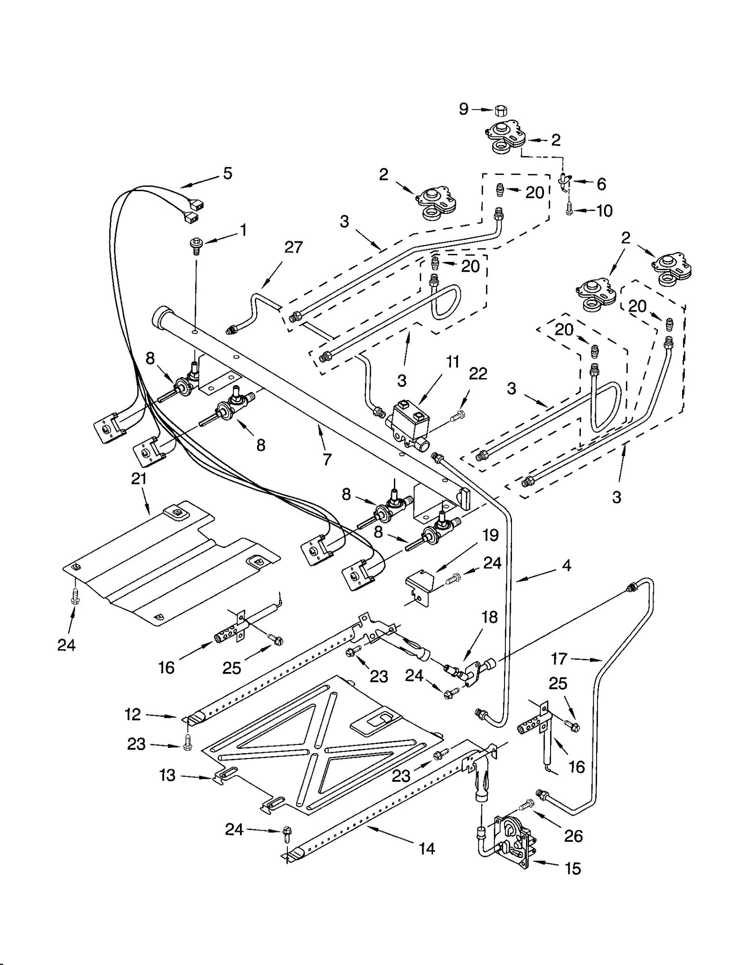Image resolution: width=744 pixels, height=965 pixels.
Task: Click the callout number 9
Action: (x=464, y=109)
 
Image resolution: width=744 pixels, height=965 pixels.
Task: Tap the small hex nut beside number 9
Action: (x=500, y=111)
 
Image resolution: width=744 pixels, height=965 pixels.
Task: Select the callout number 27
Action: (x=293, y=247)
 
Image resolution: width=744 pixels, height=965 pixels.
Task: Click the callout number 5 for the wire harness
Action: (x=227, y=173)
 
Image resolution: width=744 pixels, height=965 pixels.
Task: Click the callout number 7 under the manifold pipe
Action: (x=327, y=459)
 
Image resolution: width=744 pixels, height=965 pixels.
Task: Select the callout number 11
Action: (x=452, y=361)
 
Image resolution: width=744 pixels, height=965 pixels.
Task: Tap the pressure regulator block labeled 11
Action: (x=410, y=419)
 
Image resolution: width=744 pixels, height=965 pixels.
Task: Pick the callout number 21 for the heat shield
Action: (x=139, y=479)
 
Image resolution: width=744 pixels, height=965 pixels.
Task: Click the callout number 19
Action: (x=491, y=535)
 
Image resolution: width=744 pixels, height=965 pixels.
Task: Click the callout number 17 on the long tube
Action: (x=559, y=659)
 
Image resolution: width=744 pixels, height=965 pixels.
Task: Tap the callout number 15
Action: (x=573, y=869)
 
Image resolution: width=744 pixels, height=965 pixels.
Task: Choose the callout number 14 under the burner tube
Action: (x=426, y=849)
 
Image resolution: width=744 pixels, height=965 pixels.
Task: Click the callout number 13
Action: (x=167, y=775)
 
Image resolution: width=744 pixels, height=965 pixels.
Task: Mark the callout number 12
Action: (x=133, y=714)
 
